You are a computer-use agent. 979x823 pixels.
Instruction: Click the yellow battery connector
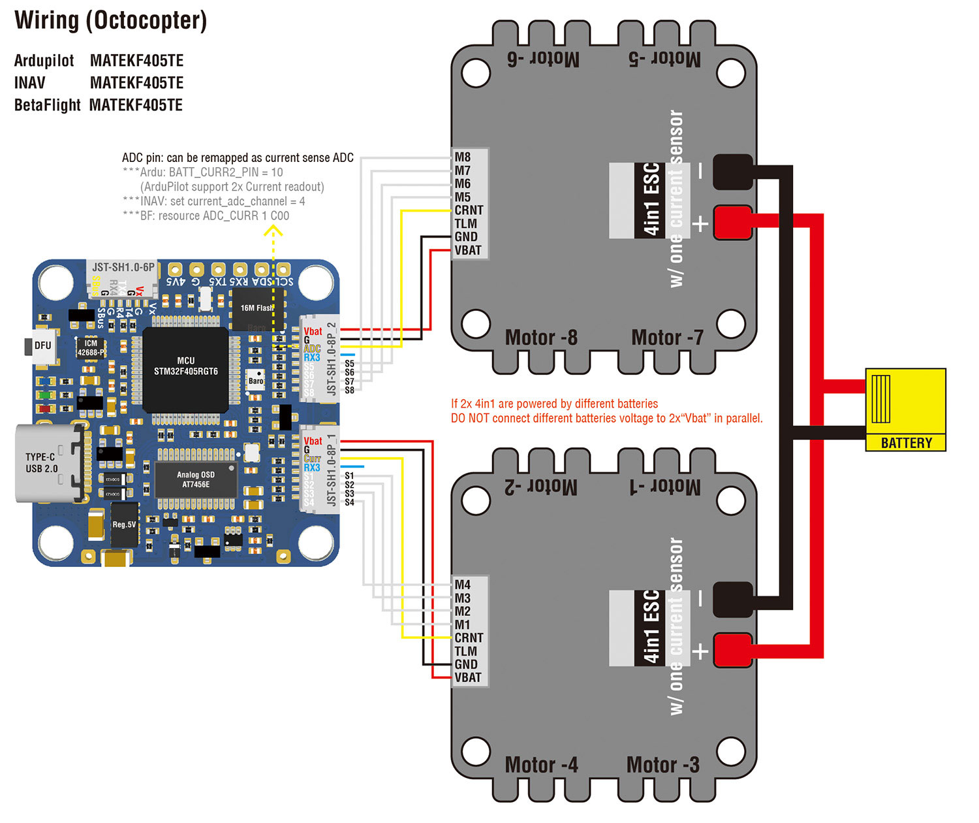tap(905, 410)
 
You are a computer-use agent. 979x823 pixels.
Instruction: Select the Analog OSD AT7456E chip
tap(196, 479)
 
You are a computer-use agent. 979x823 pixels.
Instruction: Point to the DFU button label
tap(42, 346)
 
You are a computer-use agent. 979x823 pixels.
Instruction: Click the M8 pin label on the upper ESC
tap(463, 157)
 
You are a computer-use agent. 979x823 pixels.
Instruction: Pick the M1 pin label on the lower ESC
tap(463, 624)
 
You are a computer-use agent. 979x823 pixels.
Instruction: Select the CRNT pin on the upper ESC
tap(469, 210)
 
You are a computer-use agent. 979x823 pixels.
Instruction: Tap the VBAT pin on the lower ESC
tap(468, 677)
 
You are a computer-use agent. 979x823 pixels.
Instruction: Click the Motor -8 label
tap(541, 338)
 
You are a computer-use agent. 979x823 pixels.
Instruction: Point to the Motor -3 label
tap(662, 765)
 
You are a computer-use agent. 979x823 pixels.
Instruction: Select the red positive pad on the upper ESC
tap(732, 223)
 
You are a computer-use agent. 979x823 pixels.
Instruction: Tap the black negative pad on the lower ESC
tap(732, 599)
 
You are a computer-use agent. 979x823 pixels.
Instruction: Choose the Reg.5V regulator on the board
tap(124, 524)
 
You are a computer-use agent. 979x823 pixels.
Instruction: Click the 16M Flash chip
tap(257, 308)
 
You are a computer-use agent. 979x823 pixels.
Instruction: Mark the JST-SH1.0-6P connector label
tap(123, 267)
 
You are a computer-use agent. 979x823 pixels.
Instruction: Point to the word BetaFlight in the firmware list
tap(47, 105)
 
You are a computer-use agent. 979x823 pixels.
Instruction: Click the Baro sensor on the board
tap(256, 381)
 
